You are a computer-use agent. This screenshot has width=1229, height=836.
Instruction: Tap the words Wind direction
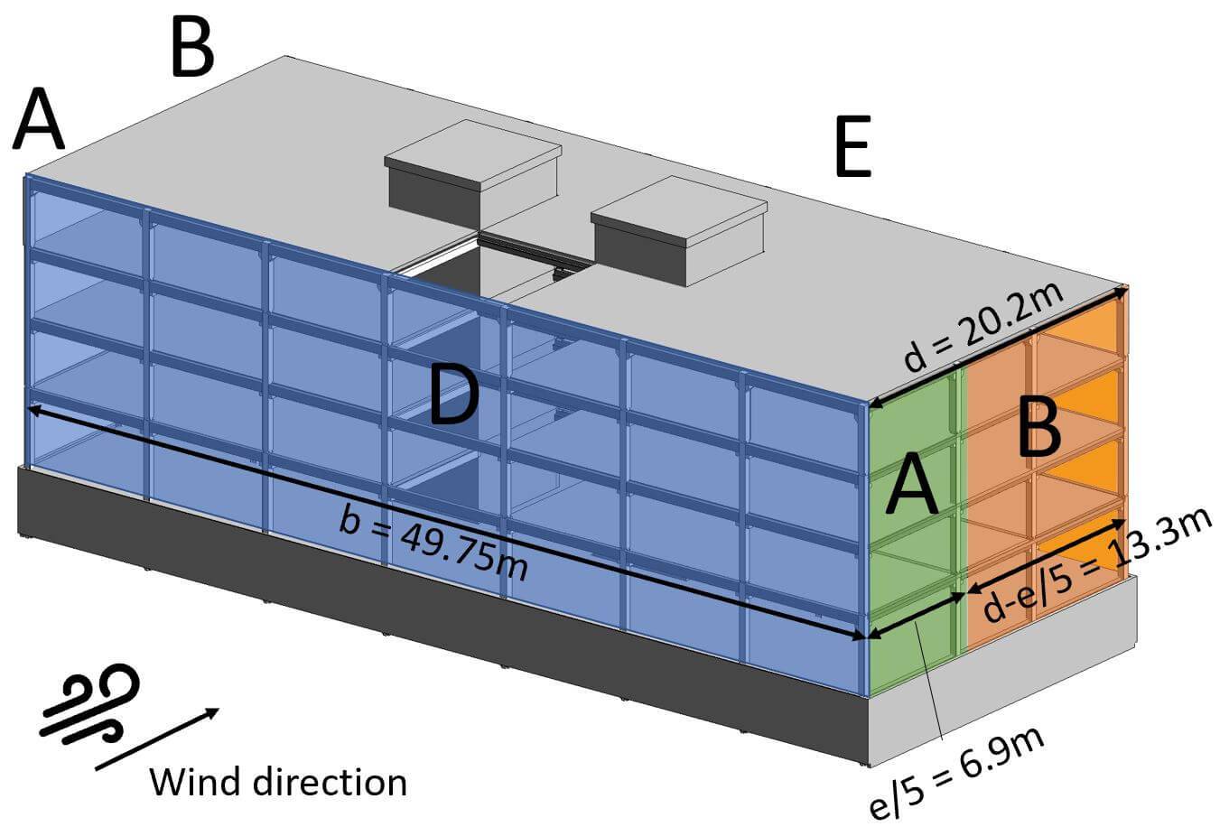pos(277,781)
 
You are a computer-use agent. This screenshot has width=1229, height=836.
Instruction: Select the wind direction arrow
pos(157,738)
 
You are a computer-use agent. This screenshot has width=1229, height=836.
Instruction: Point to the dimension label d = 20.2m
pos(984,330)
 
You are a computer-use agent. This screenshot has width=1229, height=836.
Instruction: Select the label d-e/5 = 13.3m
pos(1096,568)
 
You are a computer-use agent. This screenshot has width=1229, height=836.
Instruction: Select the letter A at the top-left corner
pos(39,119)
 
